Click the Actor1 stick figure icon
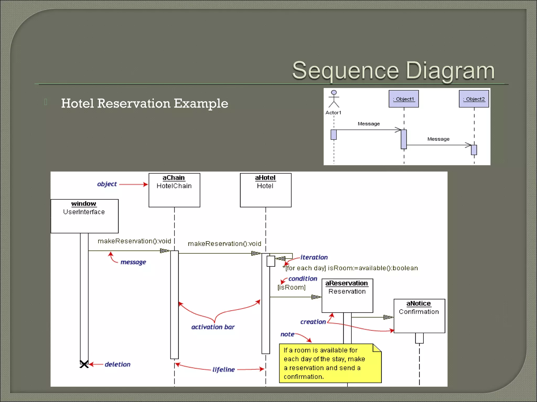click(x=334, y=99)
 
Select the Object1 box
click(x=404, y=99)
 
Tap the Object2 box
click(x=474, y=99)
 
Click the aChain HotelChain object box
click(x=174, y=190)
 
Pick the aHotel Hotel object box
click(x=265, y=190)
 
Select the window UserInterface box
click(x=84, y=216)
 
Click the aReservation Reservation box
click(x=347, y=295)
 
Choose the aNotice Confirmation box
click(x=419, y=316)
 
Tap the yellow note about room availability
click(x=330, y=363)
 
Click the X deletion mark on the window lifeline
click(x=84, y=364)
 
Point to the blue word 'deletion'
click(x=117, y=364)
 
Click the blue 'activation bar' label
click(x=213, y=327)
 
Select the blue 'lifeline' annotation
click(x=223, y=370)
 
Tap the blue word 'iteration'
click(x=314, y=257)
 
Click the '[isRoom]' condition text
click(x=291, y=287)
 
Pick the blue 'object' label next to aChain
click(x=107, y=184)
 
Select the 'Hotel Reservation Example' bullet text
click(x=144, y=103)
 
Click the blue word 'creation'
click(x=313, y=322)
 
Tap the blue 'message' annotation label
click(x=133, y=262)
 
